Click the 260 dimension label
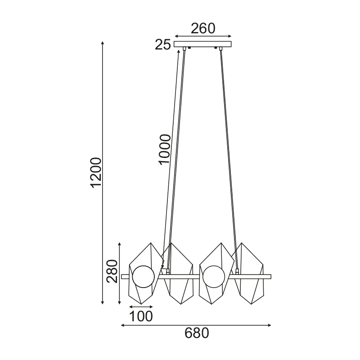click(x=203, y=28)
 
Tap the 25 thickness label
click(x=163, y=45)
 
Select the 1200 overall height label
click(x=96, y=173)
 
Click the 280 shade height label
click(x=112, y=271)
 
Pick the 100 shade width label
click(x=141, y=316)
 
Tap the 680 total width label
click(x=197, y=333)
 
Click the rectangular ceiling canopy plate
click(x=202, y=44)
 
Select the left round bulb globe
click(x=144, y=277)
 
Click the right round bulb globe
click(x=214, y=277)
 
